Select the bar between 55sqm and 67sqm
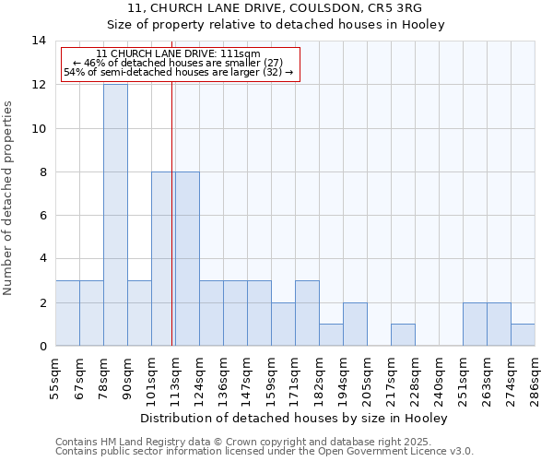pyautogui.click(x=67, y=313)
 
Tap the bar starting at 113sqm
pyautogui.click(x=187, y=259)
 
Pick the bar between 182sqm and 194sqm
pyautogui.click(x=331, y=336)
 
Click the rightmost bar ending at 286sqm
pyautogui.click(x=523, y=336)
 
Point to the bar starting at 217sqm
pyautogui.click(x=403, y=336)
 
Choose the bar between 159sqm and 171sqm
pyautogui.click(x=283, y=325)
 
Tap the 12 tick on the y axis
pyautogui.click(x=40, y=85)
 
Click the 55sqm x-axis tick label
pyautogui.click(x=55, y=377)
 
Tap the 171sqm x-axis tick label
pyautogui.click(x=295, y=377)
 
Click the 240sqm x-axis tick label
pyautogui.click(x=439, y=377)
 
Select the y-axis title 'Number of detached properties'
pyautogui.click(x=9, y=198)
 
